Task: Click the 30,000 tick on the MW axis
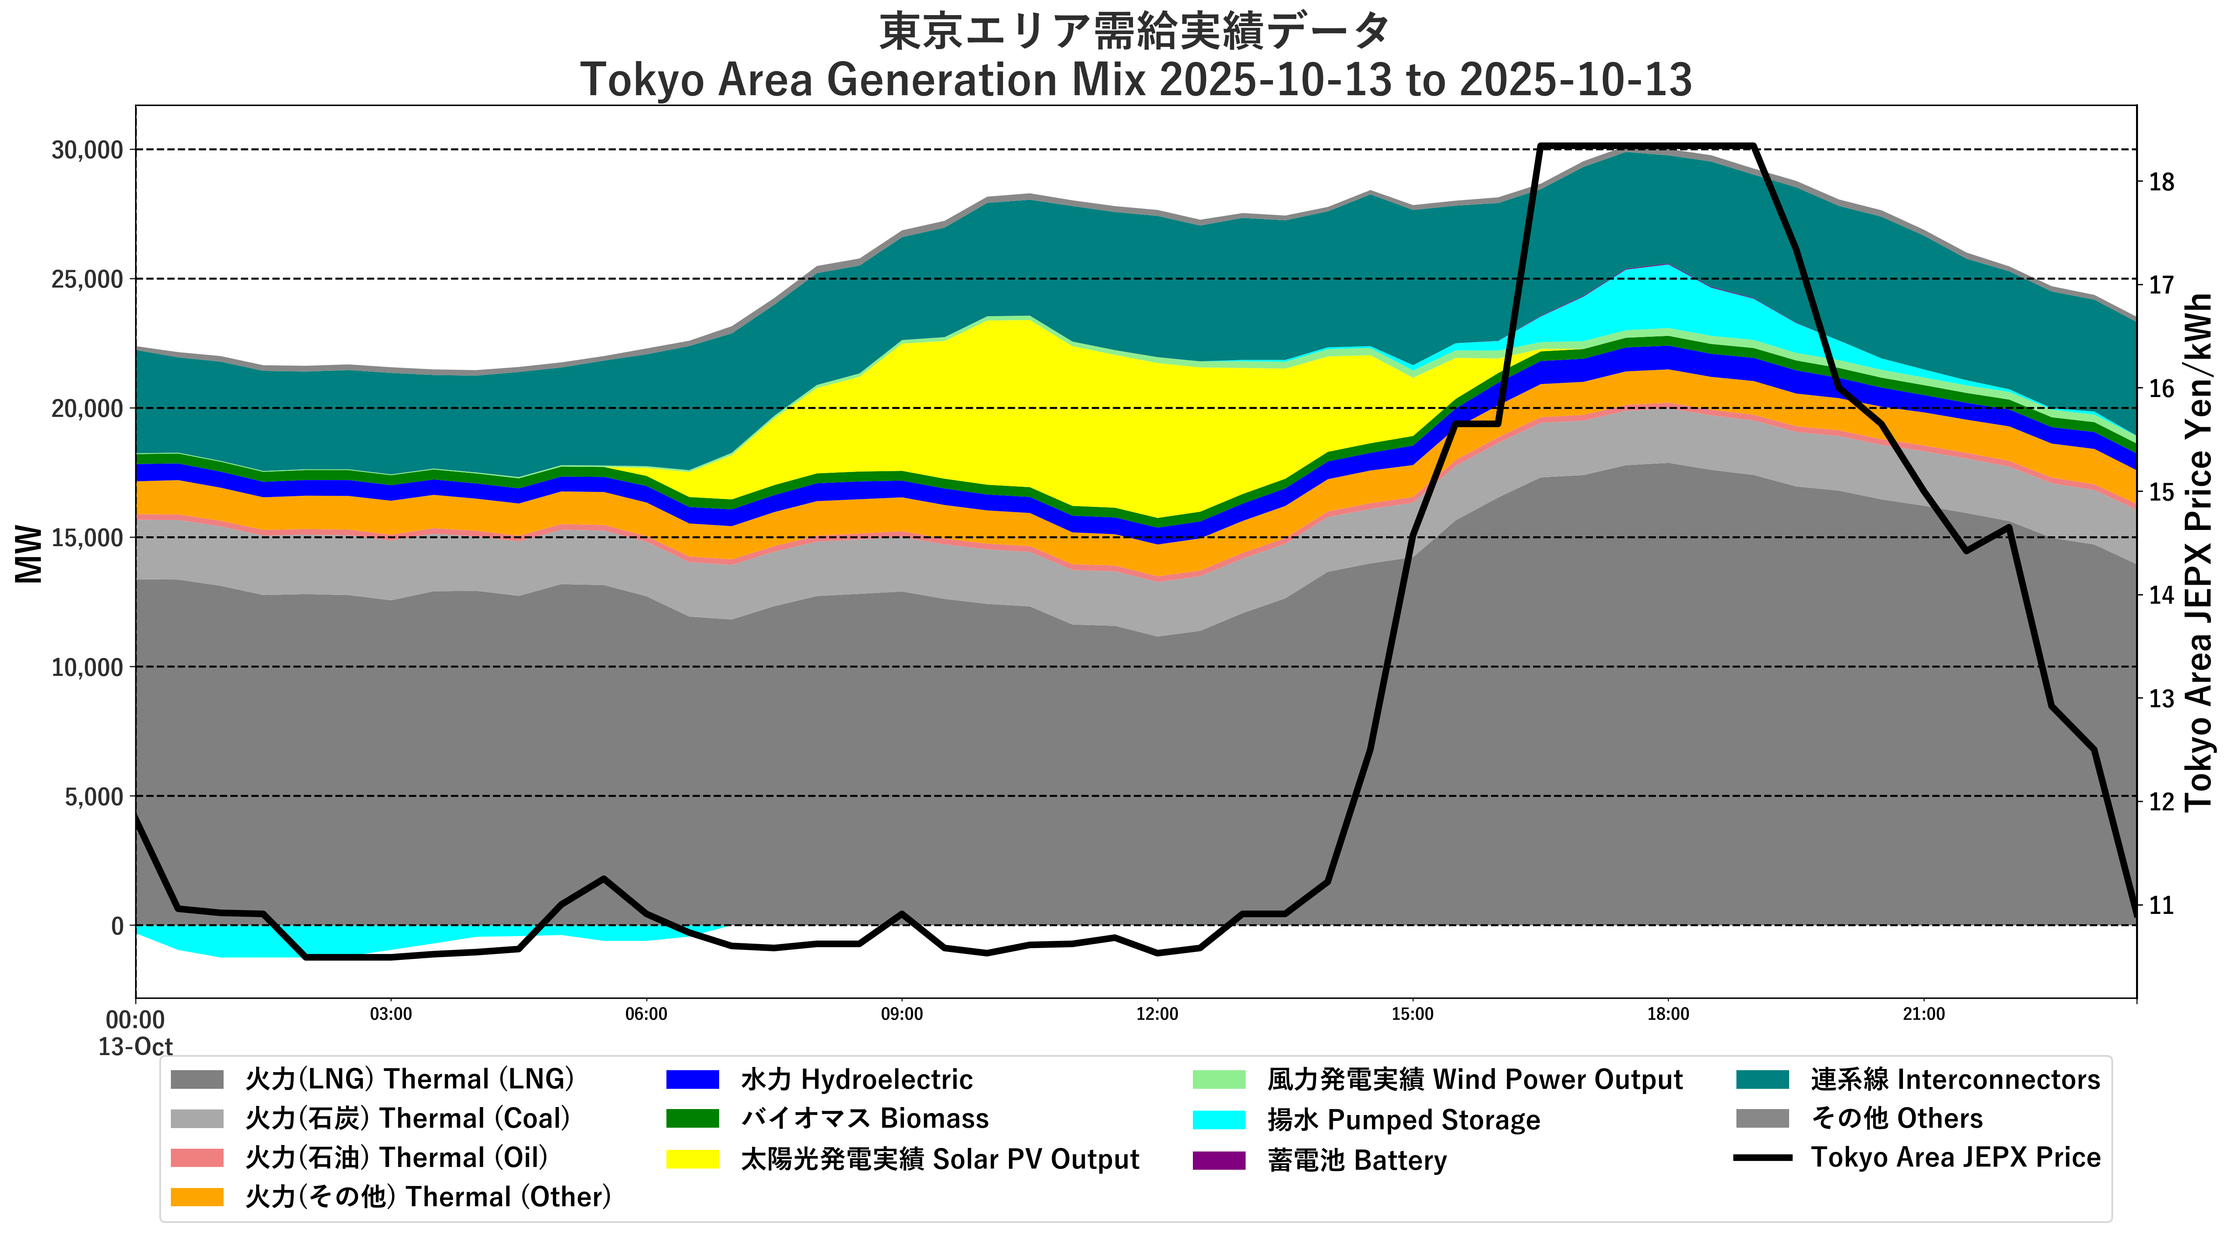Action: click(x=86, y=150)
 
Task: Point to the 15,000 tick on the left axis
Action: click(x=86, y=537)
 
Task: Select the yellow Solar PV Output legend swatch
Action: click(x=692, y=1159)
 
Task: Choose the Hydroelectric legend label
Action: click(x=856, y=1079)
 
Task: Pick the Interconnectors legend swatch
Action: click(x=1762, y=1079)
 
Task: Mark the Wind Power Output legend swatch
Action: click(x=1219, y=1079)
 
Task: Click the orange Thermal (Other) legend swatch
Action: click(x=197, y=1197)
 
